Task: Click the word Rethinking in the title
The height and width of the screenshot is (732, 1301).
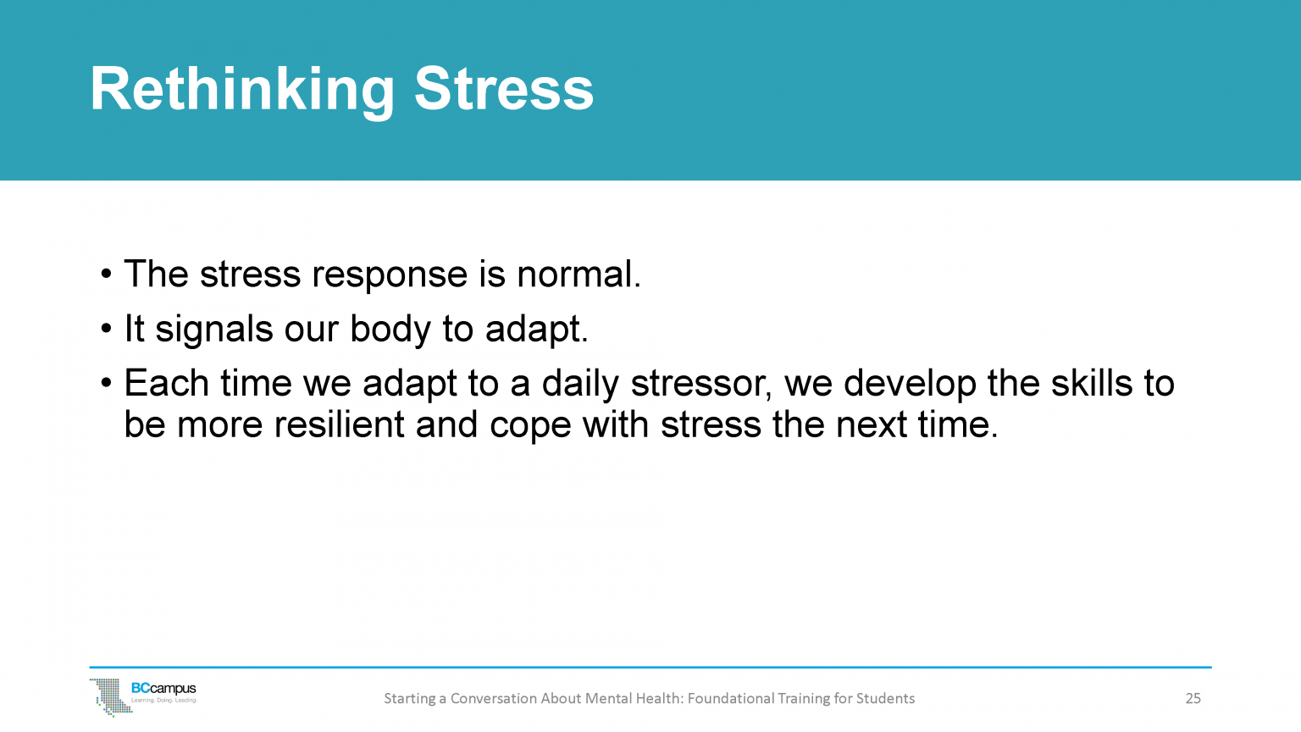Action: point(242,90)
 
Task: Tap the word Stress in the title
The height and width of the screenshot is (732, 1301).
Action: point(504,90)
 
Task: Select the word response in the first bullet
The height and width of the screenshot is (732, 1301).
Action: point(390,275)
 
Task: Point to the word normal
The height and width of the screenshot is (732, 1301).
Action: point(578,275)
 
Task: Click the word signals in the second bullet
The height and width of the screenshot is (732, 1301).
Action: point(213,330)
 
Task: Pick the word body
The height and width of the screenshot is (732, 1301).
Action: point(390,330)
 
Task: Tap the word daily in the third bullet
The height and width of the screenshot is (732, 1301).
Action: point(580,384)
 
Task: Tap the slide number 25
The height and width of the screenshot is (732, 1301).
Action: point(1193,699)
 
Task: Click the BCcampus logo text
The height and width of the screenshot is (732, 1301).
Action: point(163,690)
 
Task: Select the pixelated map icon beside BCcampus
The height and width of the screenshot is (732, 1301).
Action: point(108,696)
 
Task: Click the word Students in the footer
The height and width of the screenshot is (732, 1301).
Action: point(885,699)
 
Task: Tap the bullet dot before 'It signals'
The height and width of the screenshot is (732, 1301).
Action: point(106,330)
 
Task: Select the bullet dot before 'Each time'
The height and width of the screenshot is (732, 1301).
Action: point(106,384)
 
